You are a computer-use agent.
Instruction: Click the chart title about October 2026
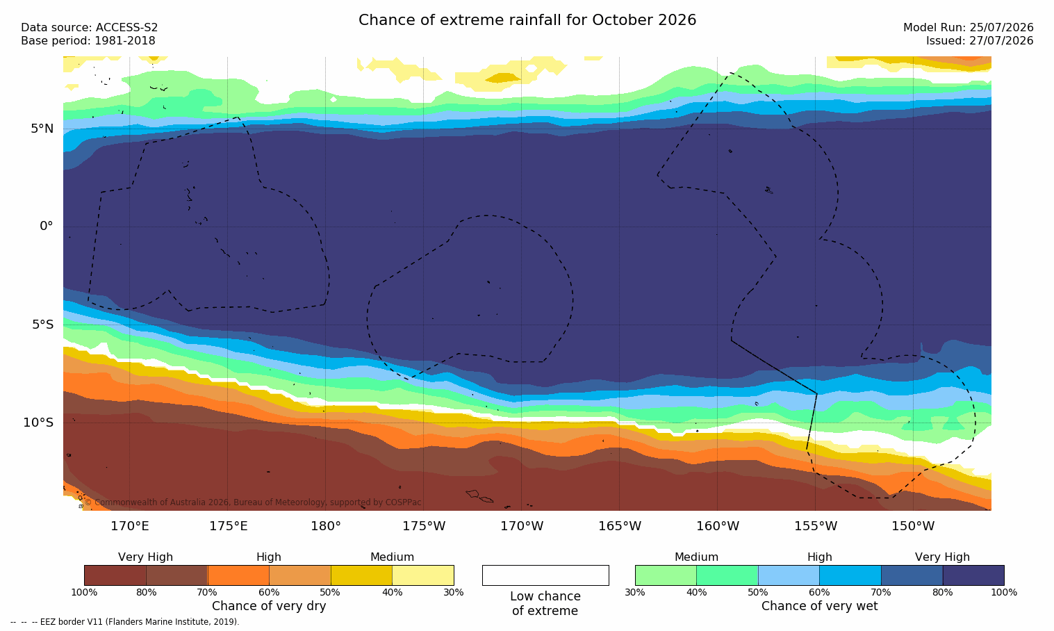coord(527,20)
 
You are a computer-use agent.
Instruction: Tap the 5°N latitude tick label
coord(42,129)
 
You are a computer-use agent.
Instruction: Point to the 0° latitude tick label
coord(46,227)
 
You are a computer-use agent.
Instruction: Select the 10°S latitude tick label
coord(39,423)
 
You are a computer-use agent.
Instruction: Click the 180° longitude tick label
coord(326,525)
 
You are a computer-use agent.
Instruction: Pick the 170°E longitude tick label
coord(130,525)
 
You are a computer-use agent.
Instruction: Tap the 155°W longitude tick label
coord(816,525)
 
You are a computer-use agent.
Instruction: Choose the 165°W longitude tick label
coord(620,525)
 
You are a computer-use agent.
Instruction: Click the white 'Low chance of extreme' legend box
coord(545,575)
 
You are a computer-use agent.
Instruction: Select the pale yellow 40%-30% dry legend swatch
coord(423,575)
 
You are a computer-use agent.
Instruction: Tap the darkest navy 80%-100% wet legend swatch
coord(973,575)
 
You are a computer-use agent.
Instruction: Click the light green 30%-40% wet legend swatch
coord(666,575)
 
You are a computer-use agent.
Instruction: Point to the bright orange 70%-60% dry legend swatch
coord(238,575)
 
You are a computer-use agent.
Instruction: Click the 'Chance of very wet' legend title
coord(820,606)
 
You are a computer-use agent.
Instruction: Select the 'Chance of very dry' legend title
coord(269,606)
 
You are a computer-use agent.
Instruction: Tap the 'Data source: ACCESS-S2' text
coord(90,28)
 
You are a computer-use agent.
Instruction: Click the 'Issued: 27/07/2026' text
coord(980,41)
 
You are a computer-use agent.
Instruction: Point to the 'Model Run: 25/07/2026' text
coord(969,28)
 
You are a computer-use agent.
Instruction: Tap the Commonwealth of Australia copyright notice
coord(253,502)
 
